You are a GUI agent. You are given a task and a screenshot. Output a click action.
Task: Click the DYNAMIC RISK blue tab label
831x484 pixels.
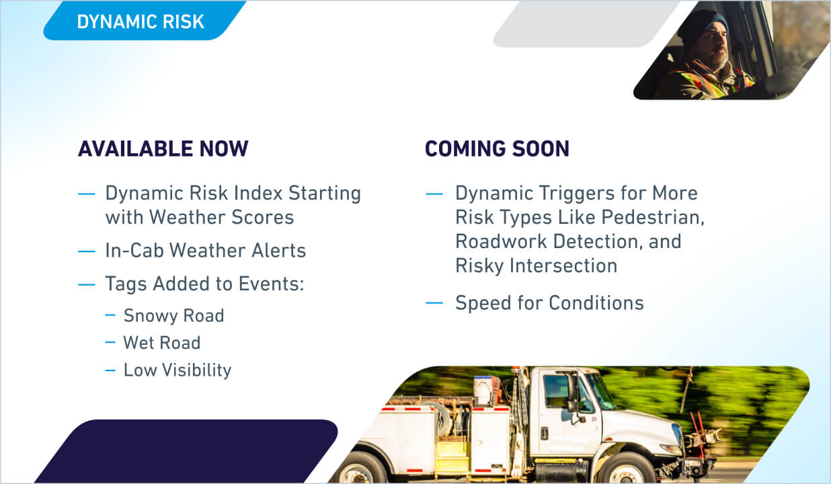click(140, 22)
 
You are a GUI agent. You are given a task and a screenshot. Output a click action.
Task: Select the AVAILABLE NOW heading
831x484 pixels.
click(163, 149)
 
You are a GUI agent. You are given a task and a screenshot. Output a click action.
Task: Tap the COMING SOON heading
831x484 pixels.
click(497, 149)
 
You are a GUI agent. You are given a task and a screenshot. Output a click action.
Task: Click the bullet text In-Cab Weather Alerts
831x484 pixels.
click(205, 251)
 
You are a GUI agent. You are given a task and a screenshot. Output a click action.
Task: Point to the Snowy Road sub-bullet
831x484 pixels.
click(173, 315)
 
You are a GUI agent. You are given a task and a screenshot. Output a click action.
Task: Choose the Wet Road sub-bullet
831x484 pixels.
click(161, 343)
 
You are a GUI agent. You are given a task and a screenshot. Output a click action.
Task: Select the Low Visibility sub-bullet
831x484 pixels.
click(177, 370)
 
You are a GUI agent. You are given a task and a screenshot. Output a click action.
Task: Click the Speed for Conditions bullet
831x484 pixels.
click(549, 302)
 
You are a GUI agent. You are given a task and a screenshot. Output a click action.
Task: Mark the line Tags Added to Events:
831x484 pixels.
click(204, 284)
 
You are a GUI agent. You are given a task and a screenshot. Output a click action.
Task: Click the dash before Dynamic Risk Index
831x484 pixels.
click(87, 194)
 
